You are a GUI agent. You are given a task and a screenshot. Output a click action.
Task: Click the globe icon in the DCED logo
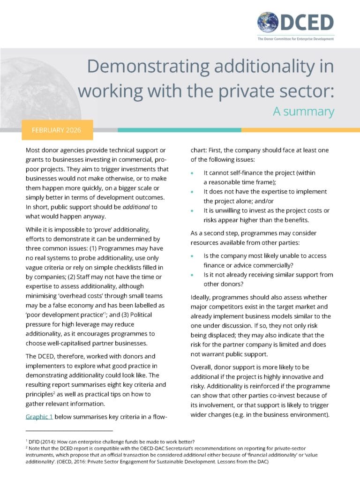point(267,22)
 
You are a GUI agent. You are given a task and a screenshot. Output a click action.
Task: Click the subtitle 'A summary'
point(303,112)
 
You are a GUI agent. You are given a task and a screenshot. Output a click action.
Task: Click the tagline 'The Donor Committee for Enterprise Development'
point(295,39)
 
